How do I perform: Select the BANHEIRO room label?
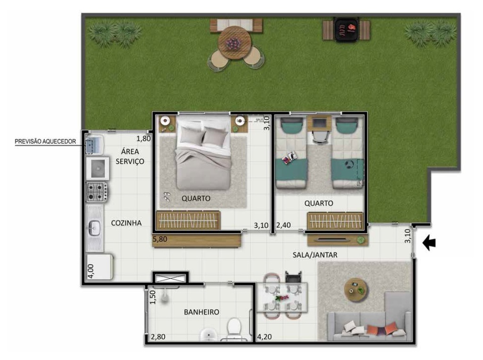(x=201, y=312)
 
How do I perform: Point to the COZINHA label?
(x=126, y=223)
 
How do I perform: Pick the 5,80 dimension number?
(x=160, y=239)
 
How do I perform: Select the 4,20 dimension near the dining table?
(x=265, y=337)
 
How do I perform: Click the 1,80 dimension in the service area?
(x=143, y=139)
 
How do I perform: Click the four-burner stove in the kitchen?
(x=97, y=192)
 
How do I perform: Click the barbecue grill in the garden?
(x=345, y=29)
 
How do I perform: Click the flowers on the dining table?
(x=282, y=298)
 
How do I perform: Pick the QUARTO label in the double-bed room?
(x=196, y=198)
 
